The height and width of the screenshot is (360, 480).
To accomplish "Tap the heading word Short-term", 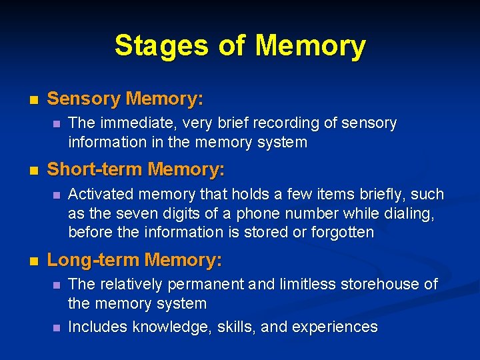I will point(95,170).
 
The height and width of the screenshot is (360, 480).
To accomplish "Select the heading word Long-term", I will point(93,259).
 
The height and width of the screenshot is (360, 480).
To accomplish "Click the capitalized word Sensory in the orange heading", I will point(84,99).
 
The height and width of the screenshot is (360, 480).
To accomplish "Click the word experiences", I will point(336,327).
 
